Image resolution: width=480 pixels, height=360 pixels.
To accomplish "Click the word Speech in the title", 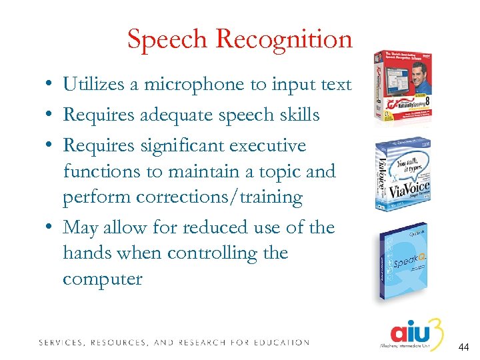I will click(x=166, y=40).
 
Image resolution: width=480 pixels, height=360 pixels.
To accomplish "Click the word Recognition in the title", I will click(x=283, y=40).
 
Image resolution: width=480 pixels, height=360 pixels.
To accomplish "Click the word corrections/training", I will click(x=219, y=197).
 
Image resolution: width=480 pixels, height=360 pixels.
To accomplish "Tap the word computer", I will click(x=103, y=278).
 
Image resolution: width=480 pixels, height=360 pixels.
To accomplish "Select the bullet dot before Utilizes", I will click(x=50, y=85).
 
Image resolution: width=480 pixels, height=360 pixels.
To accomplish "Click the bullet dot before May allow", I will click(x=50, y=228).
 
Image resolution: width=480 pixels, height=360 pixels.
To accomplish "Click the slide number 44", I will click(x=464, y=347).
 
